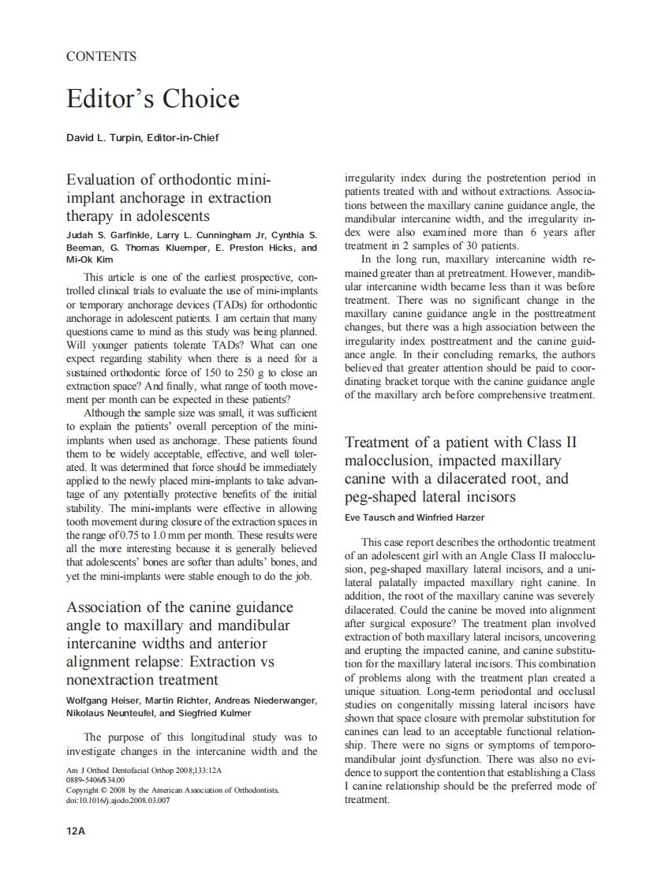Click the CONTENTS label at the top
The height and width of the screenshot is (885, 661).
pos(101,57)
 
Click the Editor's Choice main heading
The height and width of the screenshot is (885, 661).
pos(152,99)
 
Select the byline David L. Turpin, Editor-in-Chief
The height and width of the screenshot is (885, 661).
pos(142,137)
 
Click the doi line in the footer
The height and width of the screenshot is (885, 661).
pos(118,800)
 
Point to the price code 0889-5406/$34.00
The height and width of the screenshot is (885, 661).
pos(95,779)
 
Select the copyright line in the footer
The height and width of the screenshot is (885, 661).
pos(171,790)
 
